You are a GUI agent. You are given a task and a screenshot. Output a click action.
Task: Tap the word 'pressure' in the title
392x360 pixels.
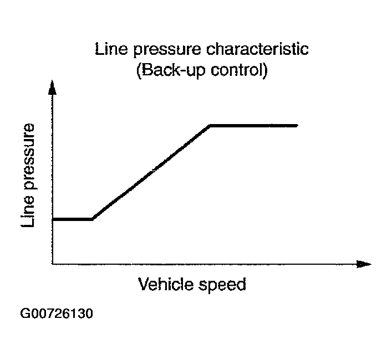pyautogui.click(x=164, y=50)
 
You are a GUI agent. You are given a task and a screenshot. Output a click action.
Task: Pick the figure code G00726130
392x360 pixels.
pyautogui.click(x=56, y=314)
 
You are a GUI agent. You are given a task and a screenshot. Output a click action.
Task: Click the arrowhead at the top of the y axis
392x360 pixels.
pyautogui.click(x=52, y=88)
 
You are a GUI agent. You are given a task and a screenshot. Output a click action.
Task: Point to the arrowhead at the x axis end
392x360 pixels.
pyautogui.click(x=364, y=264)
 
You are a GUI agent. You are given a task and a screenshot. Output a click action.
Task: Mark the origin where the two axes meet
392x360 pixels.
pyautogui.click(x=52, y=264)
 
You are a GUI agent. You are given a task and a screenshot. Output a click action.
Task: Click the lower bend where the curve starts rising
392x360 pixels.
pyautogui.click(x=93, y=219)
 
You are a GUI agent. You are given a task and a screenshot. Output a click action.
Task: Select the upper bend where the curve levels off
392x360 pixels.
pyautogui.click(x=210, y=126)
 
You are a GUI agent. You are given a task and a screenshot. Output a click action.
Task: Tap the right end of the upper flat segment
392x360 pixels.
pyautogui.click(x=297, y=126)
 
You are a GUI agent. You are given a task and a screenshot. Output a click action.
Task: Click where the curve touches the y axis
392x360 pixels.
pyautogui.click(x=53, y=219)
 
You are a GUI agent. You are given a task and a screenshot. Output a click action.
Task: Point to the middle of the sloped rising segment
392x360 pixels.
pyautogui.click(x=151, y=173)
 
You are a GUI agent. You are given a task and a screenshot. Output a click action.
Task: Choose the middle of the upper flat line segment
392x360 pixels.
pyautogui.click(x=254, y=126)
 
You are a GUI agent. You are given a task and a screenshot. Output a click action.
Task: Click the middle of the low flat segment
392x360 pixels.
pyautogui.click(x=73, y=219)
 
